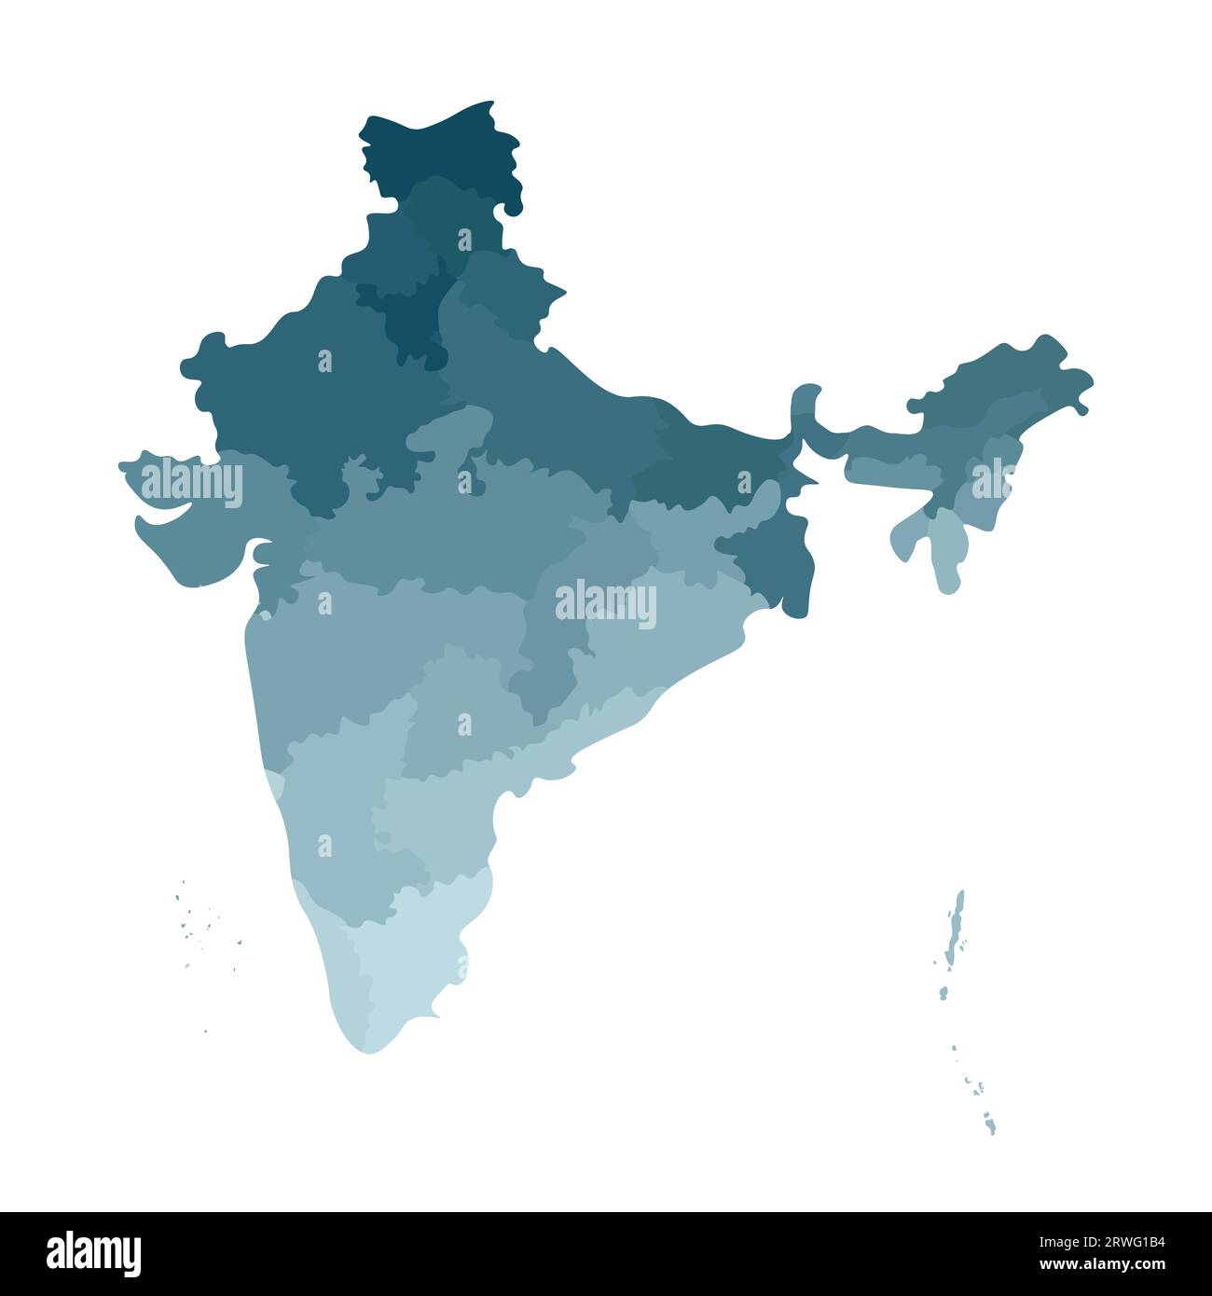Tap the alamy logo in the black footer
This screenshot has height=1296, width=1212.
pos(94,1253)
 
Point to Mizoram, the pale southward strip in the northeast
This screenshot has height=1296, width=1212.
pos(945,550)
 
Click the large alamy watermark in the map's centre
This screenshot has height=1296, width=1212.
pos(606,604)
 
